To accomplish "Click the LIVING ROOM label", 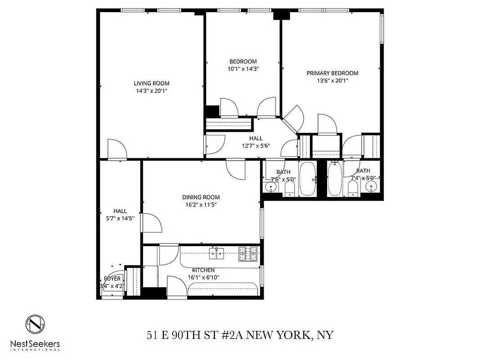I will tap(151, 83).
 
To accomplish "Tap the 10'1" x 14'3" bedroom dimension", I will tap(243, 69).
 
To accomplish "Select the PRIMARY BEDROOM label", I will tap(332, 73).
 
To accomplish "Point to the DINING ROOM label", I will tap(201, 197).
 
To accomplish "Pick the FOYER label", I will tap(112, 279).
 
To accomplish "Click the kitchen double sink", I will tap(217, 254).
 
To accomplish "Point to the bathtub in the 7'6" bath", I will tap(308, 179).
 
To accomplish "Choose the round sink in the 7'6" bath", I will tap(272, 187).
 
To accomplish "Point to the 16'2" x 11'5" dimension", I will tap(201, 205).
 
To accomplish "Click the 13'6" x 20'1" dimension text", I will tap(332, 81).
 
